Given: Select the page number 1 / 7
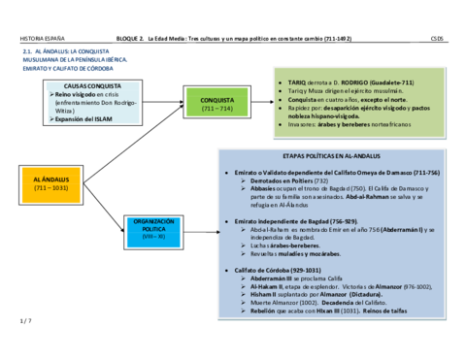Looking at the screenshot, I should (x=26, y=319).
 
